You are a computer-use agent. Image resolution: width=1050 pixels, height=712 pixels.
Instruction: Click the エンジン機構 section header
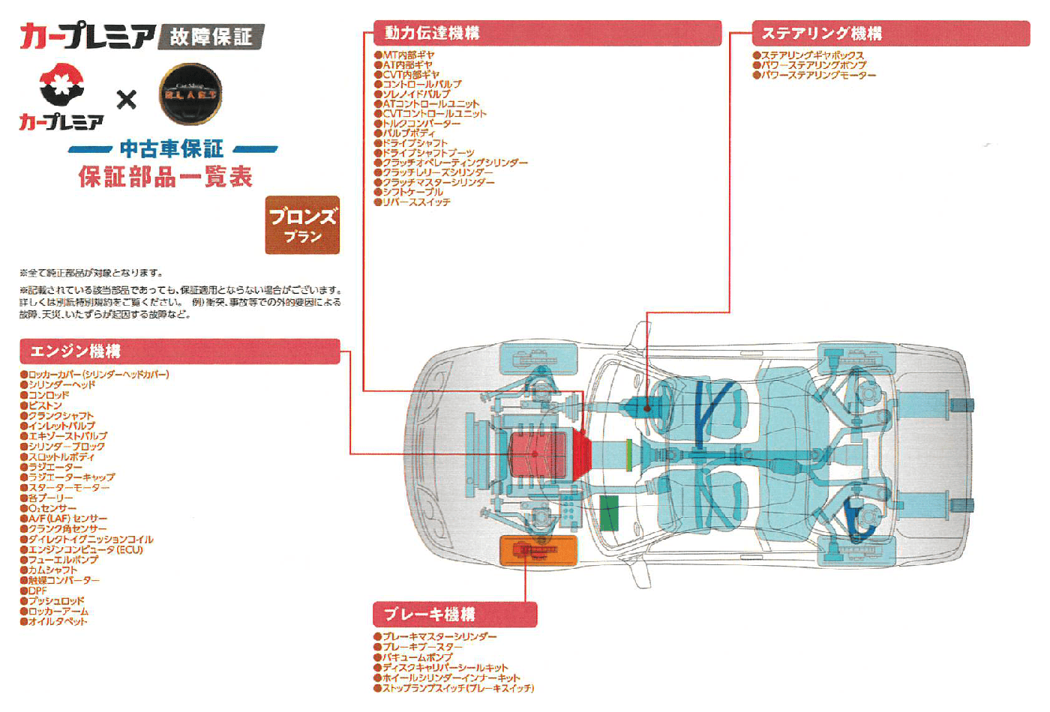[179, 352]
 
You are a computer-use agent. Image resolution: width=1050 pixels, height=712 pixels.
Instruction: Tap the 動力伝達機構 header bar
[547, 33]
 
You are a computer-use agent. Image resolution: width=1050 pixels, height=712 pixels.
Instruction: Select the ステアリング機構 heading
[890, 34]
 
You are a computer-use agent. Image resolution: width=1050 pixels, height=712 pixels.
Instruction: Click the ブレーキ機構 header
[454, 615]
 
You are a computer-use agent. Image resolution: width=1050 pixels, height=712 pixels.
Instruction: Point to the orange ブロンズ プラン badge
[302, 225]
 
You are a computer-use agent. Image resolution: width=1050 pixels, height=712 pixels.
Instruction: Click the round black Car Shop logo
[190, 94]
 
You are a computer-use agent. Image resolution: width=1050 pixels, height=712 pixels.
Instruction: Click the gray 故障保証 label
[211, 36]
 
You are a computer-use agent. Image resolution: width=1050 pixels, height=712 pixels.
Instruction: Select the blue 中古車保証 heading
[172, 148]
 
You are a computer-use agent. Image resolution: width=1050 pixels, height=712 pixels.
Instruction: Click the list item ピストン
[45, 405]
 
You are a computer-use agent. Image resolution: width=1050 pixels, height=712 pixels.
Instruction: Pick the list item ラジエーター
[55, 467]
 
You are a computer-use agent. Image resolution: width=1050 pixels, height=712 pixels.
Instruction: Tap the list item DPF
[37, 591]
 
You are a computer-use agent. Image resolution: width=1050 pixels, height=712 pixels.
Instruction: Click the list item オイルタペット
[58, 621]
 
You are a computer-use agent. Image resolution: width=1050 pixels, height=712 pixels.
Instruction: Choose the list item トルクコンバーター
[421, 124]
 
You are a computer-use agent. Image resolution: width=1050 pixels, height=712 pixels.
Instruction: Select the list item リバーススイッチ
[416, 202]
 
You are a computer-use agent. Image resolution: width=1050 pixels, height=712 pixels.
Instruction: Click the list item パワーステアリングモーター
[818, 75]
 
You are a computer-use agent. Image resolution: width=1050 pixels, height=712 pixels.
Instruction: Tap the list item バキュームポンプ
[417, 657]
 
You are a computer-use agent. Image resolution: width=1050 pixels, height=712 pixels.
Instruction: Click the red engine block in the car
[538, 454]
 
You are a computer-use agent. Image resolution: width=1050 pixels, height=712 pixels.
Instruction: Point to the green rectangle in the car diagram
[609, 513]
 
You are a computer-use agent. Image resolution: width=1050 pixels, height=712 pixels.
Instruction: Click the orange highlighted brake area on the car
[538, 551]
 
